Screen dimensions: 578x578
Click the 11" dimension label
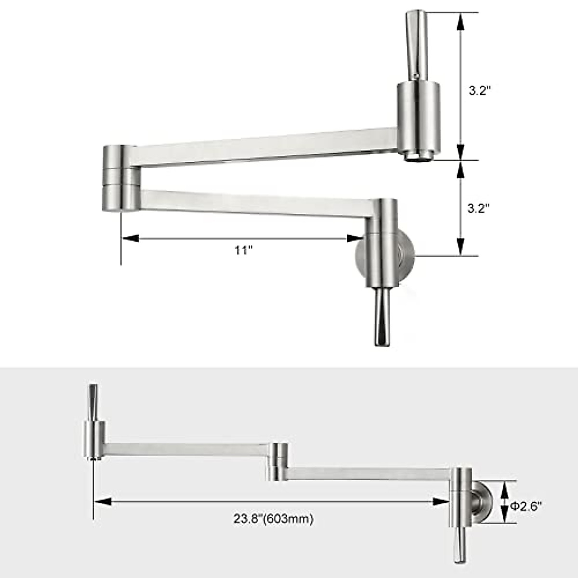point(244,251)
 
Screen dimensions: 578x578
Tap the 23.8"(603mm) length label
point(274,519)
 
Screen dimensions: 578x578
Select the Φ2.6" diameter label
point(526,506)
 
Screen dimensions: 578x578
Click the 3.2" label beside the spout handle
point(479,91)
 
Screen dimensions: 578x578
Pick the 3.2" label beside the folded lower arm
point(479,208)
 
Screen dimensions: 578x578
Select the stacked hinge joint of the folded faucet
point(120,178)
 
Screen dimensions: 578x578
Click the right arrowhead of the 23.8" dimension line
point(441,501)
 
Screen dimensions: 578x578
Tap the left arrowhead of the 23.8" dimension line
point(103,501)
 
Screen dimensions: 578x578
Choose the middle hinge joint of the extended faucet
point(279,461)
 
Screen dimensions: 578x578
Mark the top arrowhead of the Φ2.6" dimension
point(504,489)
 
